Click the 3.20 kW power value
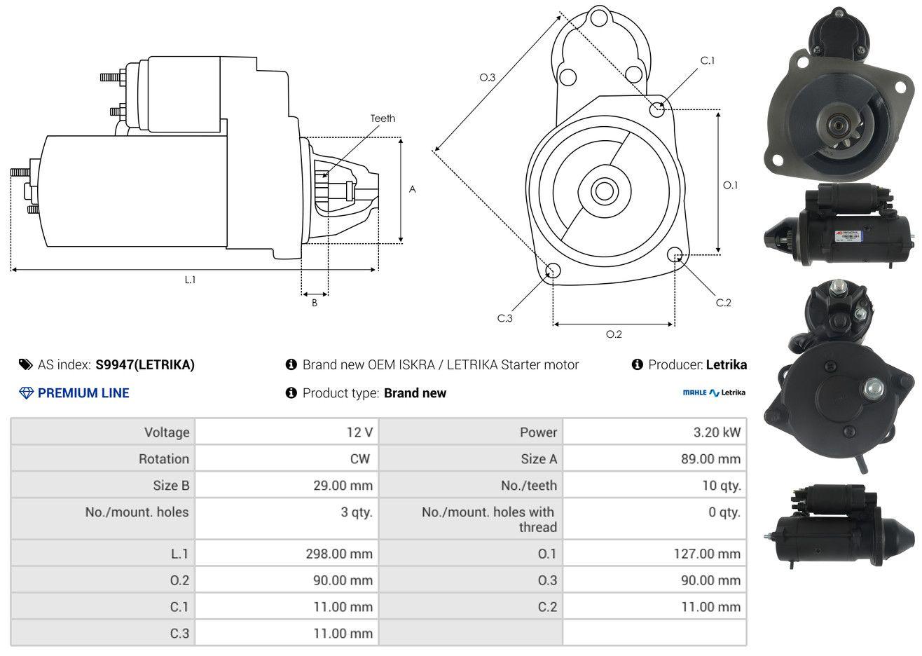pos(717,432)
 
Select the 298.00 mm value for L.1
pos(339,554)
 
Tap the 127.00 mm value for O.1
pos(707,554)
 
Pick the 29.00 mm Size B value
pos(343,485)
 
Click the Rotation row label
pos(164,459)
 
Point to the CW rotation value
pos(359,459)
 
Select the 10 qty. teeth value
pos(721,485)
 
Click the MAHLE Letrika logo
pos(714,392)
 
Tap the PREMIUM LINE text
pos(83,393)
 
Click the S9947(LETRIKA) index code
pos(145,364)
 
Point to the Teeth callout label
pos(383,118)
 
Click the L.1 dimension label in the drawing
pos(190,280)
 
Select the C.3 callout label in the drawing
pos(504,318)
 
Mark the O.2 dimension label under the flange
pos(614,334)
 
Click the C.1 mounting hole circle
pos(656,110)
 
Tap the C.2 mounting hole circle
pos(674,254)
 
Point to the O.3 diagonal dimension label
pos(488,77)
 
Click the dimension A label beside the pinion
pos(412,189)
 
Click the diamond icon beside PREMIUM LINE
pos(27,393)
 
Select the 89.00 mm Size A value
pos(710,459)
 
